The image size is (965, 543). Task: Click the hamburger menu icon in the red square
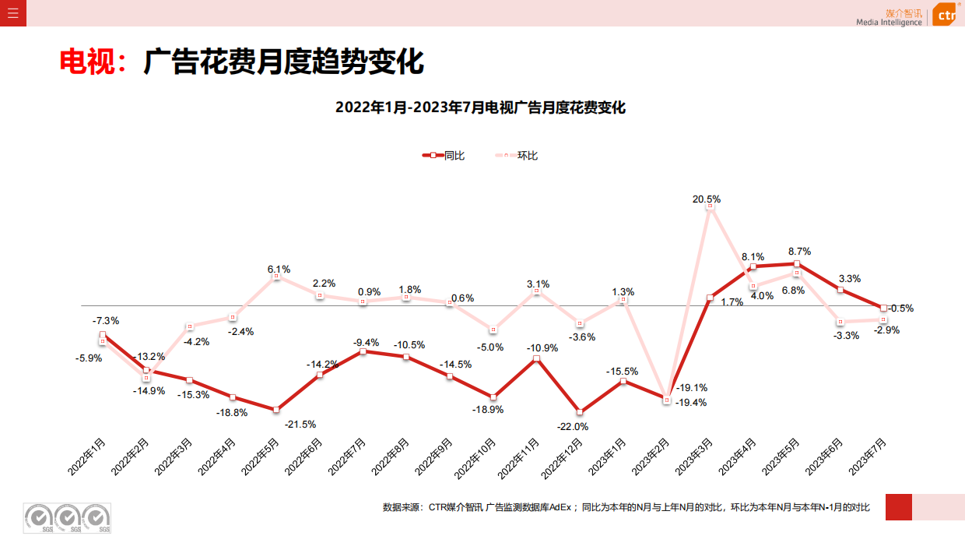point(12,12)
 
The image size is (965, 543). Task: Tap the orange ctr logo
point(945,14)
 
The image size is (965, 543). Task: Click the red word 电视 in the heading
point(87,62)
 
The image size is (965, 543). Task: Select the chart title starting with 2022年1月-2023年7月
point(480,108)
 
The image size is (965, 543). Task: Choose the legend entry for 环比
point(516,155)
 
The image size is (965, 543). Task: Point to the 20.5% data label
point(707,199)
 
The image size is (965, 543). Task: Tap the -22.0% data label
point(572,426)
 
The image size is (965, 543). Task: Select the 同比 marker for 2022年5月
point(276,410)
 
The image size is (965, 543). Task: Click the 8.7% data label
point(799,252)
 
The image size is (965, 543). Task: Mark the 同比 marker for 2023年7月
point(883,309)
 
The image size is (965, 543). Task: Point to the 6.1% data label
point(279,270)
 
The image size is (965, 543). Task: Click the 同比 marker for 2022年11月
point(536,360)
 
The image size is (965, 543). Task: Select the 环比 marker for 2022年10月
point(493,330)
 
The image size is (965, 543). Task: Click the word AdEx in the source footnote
point(560,507)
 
